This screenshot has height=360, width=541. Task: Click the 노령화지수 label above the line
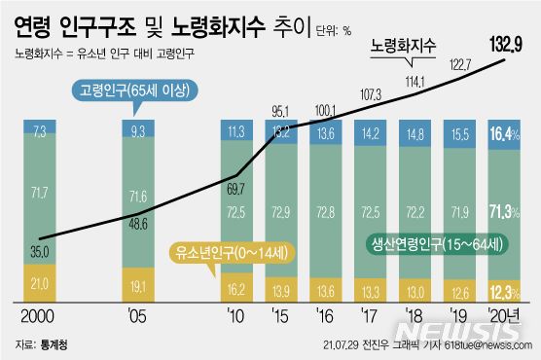pos(402,46)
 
